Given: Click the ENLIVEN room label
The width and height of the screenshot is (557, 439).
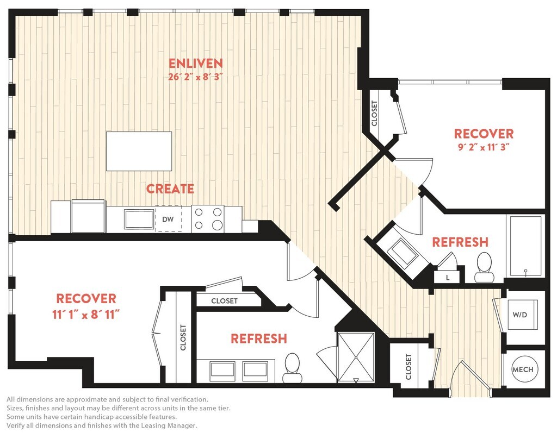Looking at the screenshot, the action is click(195, 63).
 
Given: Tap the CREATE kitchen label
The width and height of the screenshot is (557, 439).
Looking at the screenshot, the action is click(170, 189).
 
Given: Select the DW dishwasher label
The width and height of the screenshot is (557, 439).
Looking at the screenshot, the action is click(168, 220).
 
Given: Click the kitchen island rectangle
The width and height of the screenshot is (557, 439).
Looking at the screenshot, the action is click(139, 151).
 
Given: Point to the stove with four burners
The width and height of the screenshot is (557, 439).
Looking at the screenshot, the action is click(208, 219).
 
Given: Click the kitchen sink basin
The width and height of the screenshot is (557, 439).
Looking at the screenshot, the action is click(139, 219).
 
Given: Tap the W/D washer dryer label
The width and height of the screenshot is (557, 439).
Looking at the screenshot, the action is click(520, 315).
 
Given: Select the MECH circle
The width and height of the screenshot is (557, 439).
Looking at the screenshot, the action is click(523, 369).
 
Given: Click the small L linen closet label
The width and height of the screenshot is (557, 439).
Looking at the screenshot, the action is click(448, 278).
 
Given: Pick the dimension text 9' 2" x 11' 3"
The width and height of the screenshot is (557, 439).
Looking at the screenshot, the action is click(484, 147).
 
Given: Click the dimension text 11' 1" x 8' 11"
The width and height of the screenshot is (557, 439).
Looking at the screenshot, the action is click(86, 315).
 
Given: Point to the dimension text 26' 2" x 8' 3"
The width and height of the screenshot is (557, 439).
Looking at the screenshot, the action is click(195, 77).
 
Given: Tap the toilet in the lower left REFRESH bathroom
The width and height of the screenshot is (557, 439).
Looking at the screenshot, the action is click(292, 368).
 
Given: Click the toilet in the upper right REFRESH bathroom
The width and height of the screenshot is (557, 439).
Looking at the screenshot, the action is click(484, 267).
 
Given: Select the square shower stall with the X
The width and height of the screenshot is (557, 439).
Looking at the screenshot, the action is click(356, 356).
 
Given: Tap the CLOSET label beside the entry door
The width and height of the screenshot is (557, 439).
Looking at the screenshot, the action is click(409, 367).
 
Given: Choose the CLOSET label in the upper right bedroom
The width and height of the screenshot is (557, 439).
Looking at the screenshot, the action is click(374, 114).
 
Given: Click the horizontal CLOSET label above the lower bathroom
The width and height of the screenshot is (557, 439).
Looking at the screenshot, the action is click(224, 301).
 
